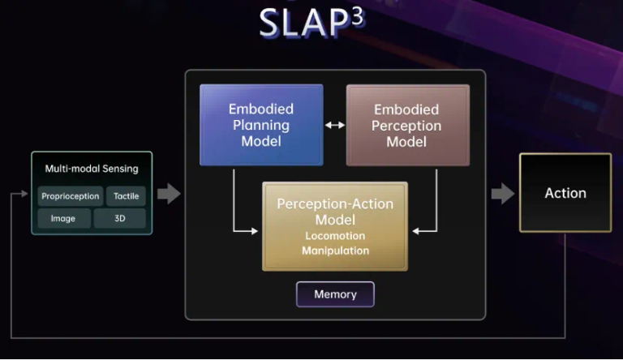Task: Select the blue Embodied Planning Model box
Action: click(x=261, y=125)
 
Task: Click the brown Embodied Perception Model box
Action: click(x=407, y=125)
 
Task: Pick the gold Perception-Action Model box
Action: click(x=334, y=225)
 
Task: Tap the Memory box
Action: click(x=335, y=294)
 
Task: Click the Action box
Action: click(x=565, y=193)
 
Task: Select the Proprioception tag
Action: click(x=70, y=196)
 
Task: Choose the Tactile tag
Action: click(x=126, y=196)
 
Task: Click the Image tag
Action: click(x=63, y=218)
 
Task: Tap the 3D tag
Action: click(x=119, y=218)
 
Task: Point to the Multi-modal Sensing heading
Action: click(x=92, y=169)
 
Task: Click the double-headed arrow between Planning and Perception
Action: click(x=334, y=125)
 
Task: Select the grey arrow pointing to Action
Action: click(x=503, y=193)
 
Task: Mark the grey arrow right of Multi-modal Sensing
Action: click(x=168, y=193)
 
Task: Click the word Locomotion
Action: click(x=335, y=236)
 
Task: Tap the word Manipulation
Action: click(x=335, y=251)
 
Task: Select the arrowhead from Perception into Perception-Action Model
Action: click(x=416, y=231)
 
